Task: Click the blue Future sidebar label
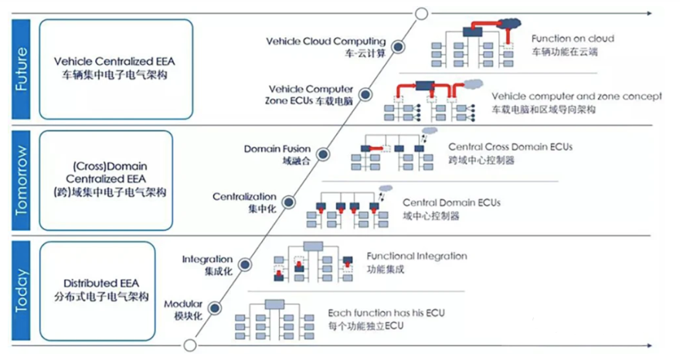coord(21,69)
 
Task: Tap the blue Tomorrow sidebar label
coord(21,181)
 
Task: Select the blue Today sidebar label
coord(21,290)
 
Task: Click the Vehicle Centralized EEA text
coord(114,61)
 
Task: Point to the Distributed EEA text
coord(101,284)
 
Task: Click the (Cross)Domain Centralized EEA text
coord(110,172)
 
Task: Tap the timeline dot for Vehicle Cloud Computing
coord(398,46)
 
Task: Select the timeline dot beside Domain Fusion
coord(323,154)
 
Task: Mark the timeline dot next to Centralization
coord(289,202)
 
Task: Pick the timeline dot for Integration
coord(245,264)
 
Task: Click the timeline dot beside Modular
coord(215,308)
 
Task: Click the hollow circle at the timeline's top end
coord(422,14)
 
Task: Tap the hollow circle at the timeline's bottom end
coord(190,345)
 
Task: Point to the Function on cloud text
coord(573,39)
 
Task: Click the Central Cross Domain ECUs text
coord(511,147)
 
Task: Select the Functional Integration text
coord(416,256)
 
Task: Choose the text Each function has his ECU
coord(386,313)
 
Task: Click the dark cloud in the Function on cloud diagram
coord(508,24)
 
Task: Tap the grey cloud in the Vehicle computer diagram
coord(473,83)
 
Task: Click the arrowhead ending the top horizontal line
coord(649,13)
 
